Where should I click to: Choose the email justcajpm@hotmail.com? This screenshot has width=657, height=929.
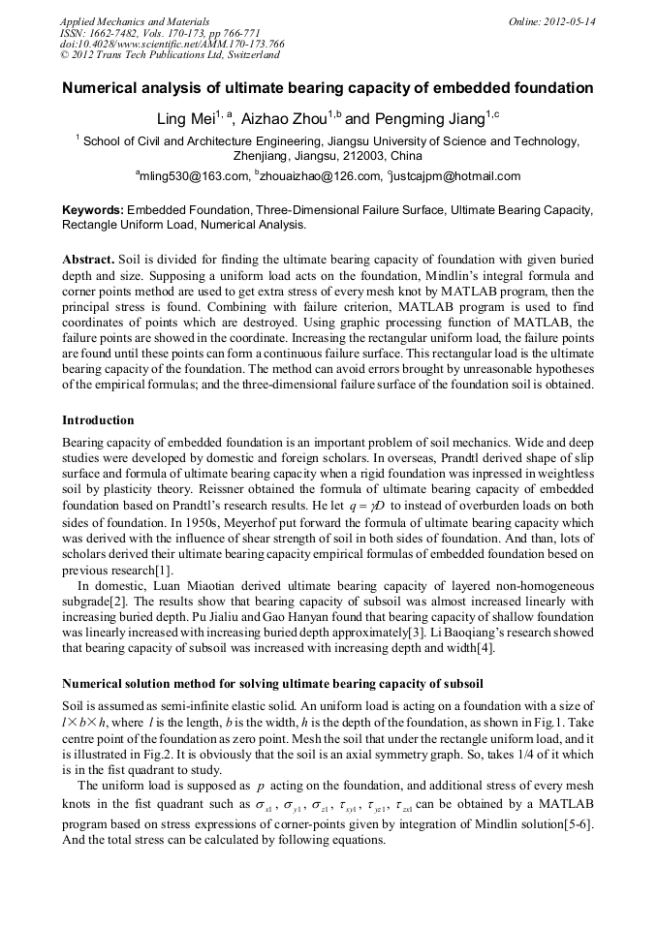(x=456, y=176)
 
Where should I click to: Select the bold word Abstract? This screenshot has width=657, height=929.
(x=88, y=260)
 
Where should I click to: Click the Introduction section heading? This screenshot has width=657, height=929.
(x=98, y=420)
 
